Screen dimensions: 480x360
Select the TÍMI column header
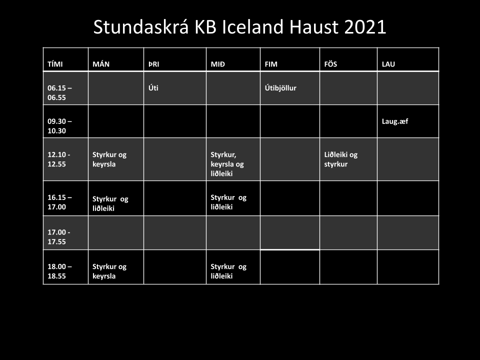click(55, 64)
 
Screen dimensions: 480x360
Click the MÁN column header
click(101, 64)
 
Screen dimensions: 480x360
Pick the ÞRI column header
click(153, 64)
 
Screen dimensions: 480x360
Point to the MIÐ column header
click(217, 64)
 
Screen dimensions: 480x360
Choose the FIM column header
click(271, 64)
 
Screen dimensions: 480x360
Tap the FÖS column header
click(330, 64)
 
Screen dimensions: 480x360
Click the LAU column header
click(388, 64)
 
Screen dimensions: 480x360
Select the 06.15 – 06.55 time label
click(59, 93)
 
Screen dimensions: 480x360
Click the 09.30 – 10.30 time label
click(59, 126)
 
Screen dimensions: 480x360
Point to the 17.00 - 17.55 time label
click(58, 237)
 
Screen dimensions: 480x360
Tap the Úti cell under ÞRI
click(153, 88)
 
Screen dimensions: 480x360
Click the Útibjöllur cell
click(280, 88)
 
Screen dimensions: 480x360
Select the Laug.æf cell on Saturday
click(395, 121)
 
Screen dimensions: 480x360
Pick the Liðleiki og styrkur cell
click(340, 159)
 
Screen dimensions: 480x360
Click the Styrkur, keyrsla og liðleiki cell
click(227, 164)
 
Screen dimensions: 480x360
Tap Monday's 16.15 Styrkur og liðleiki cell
click(110, 204)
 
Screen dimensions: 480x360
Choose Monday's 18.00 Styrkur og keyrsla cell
click(109, 271)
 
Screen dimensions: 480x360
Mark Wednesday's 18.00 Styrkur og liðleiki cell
click(228, 271)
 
